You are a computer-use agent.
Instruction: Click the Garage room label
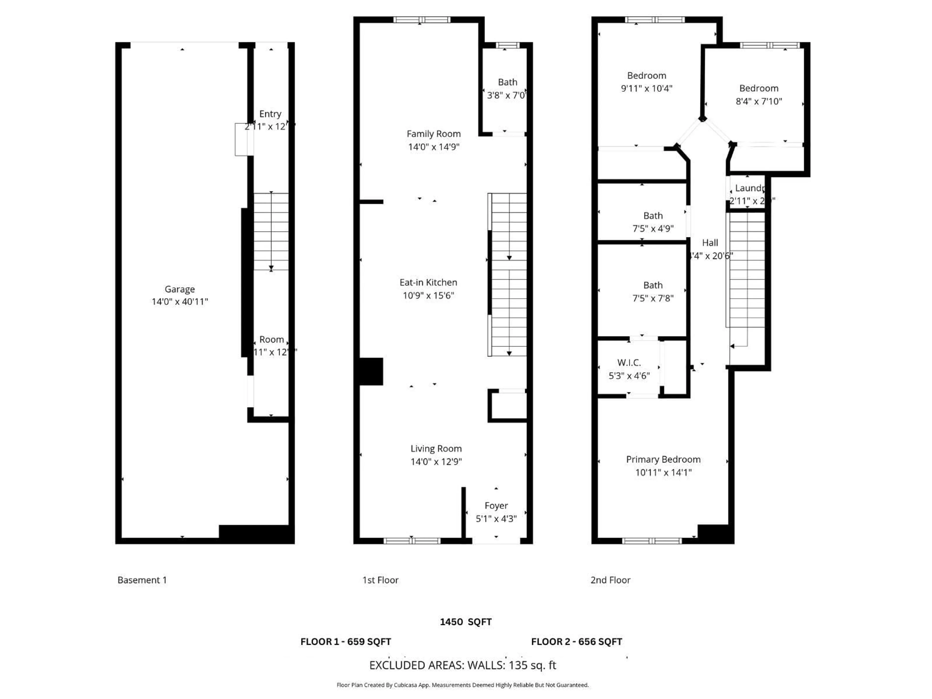(x=180, y=289)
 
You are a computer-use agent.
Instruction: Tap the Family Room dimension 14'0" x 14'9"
(x=433, y=147)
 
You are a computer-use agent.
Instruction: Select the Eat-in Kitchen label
(x=428, y=282)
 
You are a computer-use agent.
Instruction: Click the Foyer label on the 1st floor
(x=496, y=506)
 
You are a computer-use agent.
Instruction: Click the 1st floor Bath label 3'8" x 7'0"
(x=507, y=82)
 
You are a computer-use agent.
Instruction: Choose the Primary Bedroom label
(x=663, y=459)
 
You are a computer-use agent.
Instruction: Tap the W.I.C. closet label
(x=629, y=362)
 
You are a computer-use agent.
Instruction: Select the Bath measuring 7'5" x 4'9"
(x=653, y=216)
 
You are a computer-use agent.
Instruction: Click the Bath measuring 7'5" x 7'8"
(x=653, y=285)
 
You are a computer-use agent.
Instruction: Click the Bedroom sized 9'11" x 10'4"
(x=646, y=75)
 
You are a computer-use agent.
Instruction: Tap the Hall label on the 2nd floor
(x=710, y=243)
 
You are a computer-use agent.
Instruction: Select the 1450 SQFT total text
(x=466, y=622)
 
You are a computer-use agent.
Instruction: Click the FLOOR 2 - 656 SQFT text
(x=576, y=642)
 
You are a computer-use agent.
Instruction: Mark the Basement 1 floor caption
(x=142, y=580)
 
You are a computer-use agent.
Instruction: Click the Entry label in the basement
(x=270, y=114)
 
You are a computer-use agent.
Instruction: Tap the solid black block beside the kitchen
(x=371, y=371)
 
